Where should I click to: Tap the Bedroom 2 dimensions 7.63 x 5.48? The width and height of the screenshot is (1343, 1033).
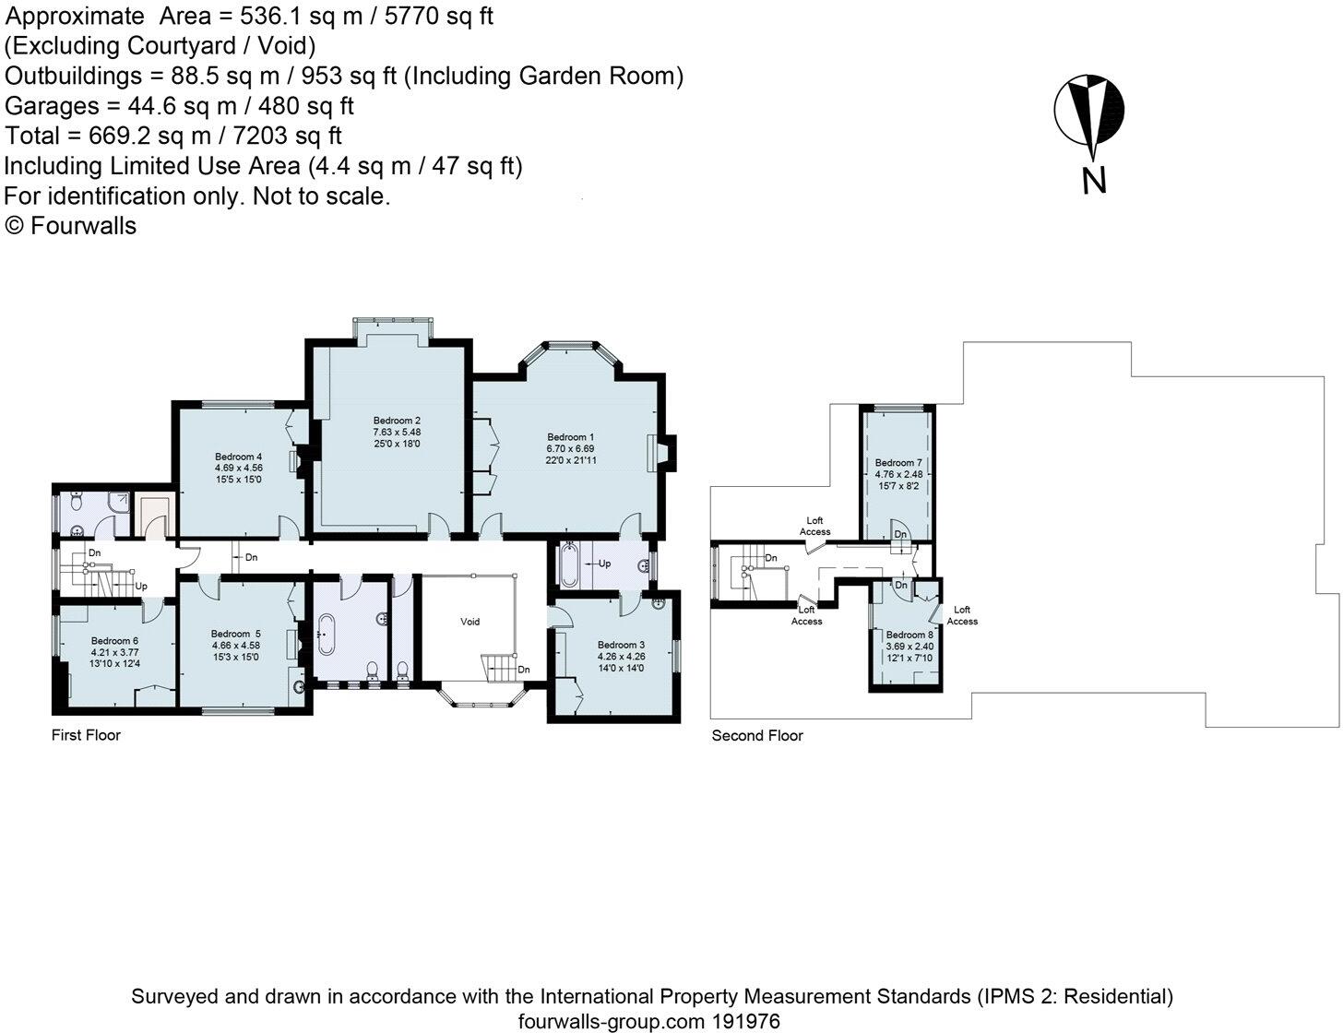[x=397, y=432]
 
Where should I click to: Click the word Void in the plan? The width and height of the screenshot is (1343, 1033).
[x=469, y=622]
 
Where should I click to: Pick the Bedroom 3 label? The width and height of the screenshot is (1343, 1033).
[x=621, y=645]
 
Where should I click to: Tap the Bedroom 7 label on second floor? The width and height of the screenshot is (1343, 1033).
[x=898, y=463]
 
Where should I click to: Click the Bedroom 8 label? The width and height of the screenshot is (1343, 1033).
[x=909, y=635]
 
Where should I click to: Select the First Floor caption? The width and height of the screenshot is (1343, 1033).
[x=86, y=734]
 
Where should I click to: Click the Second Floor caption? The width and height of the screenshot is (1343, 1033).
[x=757, y=735]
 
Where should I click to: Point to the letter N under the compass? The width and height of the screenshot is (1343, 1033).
[x=1094, y=181]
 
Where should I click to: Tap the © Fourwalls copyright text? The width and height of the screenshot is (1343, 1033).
[x=70, y=225]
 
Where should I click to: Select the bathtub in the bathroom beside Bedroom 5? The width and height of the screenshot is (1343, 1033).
[x=326, y=635]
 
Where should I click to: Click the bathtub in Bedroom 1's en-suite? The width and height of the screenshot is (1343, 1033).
[x=568, y=565]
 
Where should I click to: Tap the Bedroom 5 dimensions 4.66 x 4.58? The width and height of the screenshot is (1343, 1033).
[x=235, y=645]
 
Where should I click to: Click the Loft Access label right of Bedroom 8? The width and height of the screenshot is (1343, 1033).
[x=962, y=615]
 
